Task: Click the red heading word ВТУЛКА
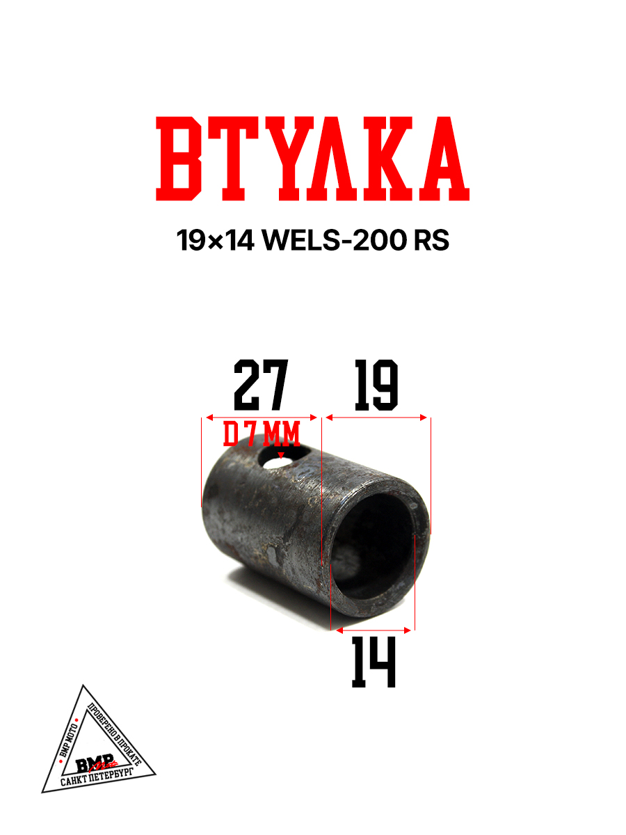point(312,159)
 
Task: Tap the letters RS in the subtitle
point(431,241)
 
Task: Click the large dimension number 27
point(260,385)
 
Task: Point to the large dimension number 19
point(376,385)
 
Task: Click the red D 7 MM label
point(262,436)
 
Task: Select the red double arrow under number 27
point(259,417)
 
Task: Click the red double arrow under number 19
point(376,417)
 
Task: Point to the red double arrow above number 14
point(374,630)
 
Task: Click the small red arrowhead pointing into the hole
point(281,455)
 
